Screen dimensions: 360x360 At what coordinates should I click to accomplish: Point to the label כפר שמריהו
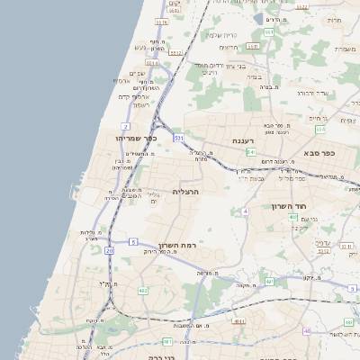point(137,138)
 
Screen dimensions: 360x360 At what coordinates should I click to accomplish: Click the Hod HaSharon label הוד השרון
point(290,206)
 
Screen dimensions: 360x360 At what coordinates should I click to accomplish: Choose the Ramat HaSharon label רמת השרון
point(170,246)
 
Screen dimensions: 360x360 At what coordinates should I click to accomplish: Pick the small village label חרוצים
point(334,20)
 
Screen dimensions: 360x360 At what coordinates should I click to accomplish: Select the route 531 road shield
point(179,138)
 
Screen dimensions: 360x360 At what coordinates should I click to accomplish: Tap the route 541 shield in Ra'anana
point(251,153)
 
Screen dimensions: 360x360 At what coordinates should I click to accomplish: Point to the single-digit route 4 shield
point(244,211)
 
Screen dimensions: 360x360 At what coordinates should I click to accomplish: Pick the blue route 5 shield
point(133,241)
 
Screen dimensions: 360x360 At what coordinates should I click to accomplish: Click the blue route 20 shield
point(109,250)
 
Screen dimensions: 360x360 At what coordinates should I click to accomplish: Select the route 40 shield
point(307,330)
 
